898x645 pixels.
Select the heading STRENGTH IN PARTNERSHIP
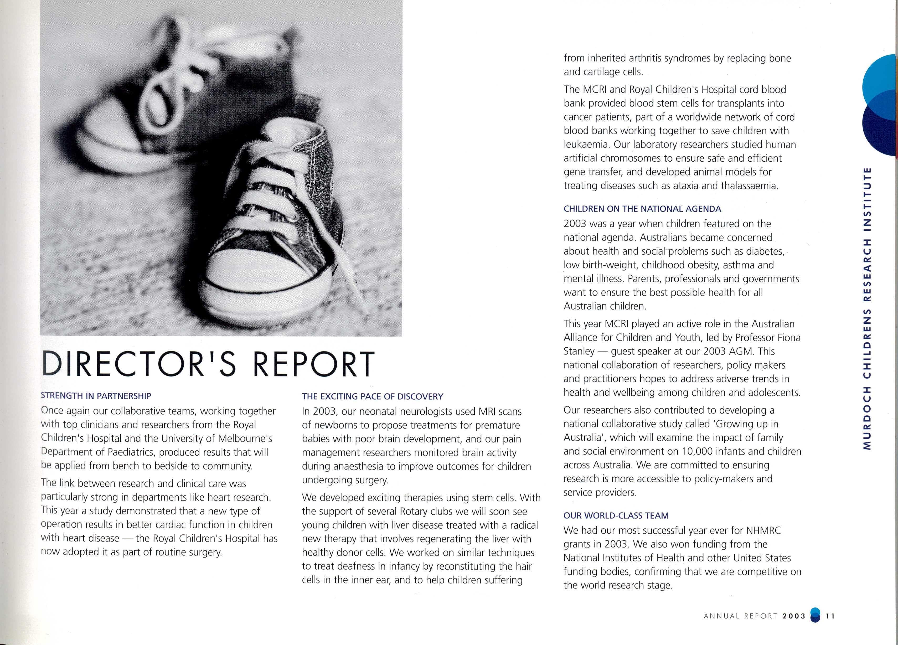point(96,396)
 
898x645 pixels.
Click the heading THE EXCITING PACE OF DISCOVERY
point(373,396)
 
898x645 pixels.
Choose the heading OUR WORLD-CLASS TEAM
point(616,515)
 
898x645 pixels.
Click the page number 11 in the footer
point(830,616)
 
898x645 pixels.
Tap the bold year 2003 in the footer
point(794,616)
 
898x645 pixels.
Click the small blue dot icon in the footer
point(814,616)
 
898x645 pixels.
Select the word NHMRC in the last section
point(763,530)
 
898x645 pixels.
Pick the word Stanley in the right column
point(579,351)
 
